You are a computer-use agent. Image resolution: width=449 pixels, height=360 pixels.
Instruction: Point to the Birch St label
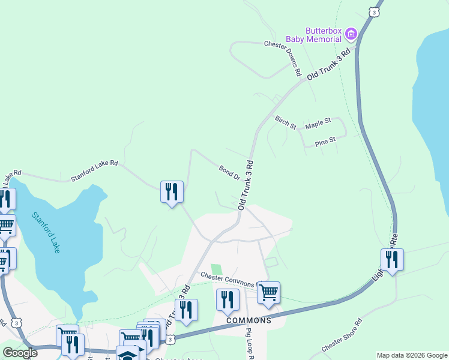pyautogui.click(x=286, y=122)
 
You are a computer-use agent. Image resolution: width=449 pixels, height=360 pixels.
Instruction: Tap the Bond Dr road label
pyautogui.click(x=229, y=173)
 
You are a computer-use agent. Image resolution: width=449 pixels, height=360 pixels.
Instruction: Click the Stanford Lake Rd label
pyautogui.click(x=94, y=170)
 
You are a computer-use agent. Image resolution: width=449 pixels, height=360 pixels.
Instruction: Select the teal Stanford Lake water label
pyautogui.click(x=46, y=232)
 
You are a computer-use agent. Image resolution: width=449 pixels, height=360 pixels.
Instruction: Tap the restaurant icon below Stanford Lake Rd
pyautogui.click(x=172, y=191)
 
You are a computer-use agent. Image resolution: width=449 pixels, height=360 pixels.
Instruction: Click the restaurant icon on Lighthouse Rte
pyautogui.click(x=392, y=259)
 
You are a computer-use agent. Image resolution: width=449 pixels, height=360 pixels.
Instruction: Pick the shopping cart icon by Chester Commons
pyautogui.click(x=268, y=292)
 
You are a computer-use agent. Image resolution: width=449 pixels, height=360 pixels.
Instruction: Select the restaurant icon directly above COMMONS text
pyautogui.click(x=228, y=299)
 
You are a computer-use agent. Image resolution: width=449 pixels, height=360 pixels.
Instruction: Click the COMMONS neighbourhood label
pyautogui.click(x=249, y=320)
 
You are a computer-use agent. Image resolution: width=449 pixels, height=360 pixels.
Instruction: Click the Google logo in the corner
pyautogui.click(x=19, y=353)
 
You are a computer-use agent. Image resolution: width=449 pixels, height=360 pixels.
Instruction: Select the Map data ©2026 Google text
pyautogui.click(x=412, y=355)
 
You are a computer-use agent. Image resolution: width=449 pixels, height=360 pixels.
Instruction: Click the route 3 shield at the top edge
pyautogui.click(x=375, y=12)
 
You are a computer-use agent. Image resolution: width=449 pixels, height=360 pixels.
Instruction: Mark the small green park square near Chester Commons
pyautogui.click(x=216, y=269)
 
